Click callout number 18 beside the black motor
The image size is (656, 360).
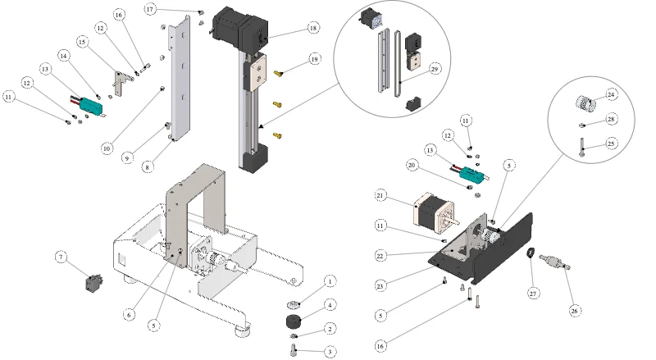click(x=313, y=28)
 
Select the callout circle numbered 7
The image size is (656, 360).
click(x=61, y=257)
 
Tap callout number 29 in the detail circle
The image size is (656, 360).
click(x=435, y=69)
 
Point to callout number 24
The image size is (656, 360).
click(x=611, y=94)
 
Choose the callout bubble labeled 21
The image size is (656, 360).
click(x=380, y=195)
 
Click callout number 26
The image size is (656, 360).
click(x=575, y=311)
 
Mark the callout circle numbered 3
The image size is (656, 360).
click(x=330, y=352)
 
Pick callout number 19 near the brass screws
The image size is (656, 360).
click(x=315, y=59)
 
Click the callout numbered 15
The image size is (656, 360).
click(x=82, y=42)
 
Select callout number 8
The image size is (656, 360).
click(x=147, y=167)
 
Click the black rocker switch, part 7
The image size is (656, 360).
click(x=94, y=284)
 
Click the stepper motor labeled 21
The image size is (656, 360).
click(x=434, y=212)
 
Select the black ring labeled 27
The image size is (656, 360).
click(x=531, y=253)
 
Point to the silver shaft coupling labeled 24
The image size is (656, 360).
click(x=585, y=103)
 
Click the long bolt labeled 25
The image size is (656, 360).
click(x=581, y=148)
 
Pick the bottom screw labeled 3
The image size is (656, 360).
click(x=294, y=349)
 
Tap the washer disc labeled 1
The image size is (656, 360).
click(x=295, y=303)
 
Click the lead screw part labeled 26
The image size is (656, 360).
click(x=555, y=262)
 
